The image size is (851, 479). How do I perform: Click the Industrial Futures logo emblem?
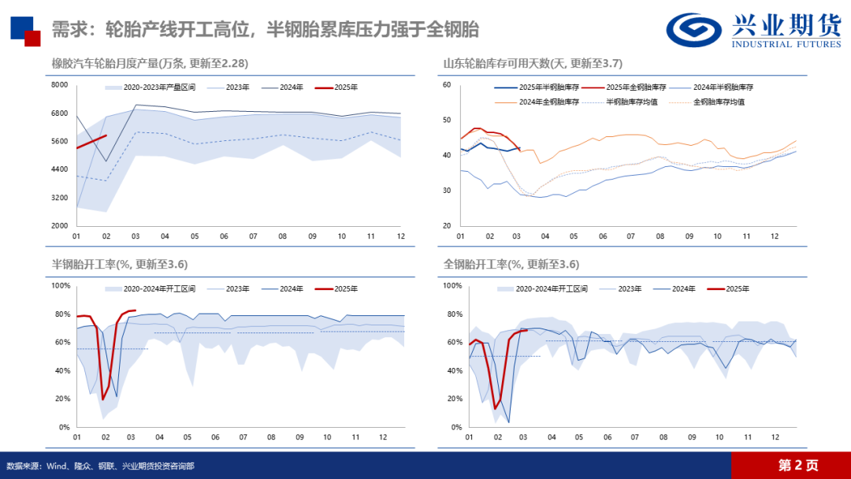(694, 30)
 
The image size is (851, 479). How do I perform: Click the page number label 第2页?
(797, 465)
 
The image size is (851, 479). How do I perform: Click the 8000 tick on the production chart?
(60, 85)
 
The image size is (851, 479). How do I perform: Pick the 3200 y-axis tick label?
(60, 198)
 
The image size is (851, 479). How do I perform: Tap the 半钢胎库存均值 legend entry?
(636, 102)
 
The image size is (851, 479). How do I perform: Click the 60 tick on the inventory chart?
(446, 85)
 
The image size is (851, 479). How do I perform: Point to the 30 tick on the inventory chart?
(446, 191)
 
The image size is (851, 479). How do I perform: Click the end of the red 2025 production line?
(106, 136)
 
